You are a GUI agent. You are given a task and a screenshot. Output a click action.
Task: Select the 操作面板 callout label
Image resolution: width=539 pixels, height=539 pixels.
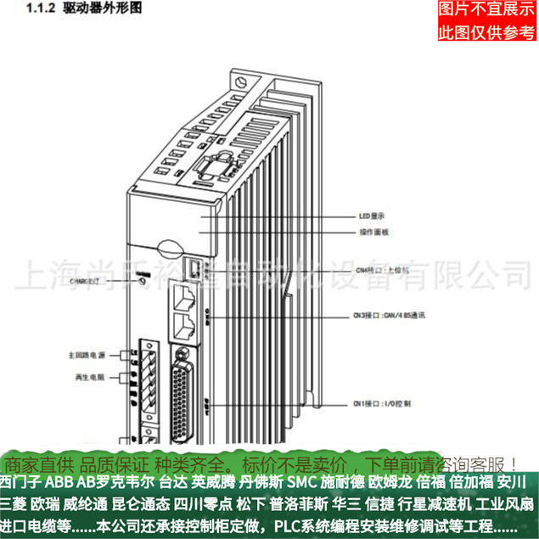pyautogui.click(x=372, y=231)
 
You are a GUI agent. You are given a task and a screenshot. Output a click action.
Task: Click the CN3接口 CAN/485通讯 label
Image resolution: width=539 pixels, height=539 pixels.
pyautogui.click(x=389, y=314)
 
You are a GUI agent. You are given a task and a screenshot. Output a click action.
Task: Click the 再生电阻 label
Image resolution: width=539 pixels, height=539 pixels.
pyautogui.click(x=89, y=374)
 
